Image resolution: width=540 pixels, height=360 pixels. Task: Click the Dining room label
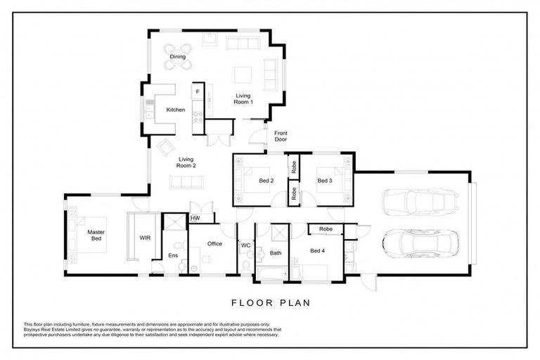point(178,56)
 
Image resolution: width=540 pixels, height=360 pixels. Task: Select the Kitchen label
point(175,110)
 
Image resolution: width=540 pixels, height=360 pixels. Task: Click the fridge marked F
point(198,92)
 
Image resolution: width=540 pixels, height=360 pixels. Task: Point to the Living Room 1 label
point(243,99)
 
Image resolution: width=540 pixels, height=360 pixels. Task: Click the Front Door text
point(281,136)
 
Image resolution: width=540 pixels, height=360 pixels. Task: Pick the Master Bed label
point(96,236)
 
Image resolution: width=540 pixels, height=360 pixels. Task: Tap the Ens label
point(172,256)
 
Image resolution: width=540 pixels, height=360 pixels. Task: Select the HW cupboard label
point(195,219)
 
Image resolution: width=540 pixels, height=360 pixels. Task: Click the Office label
point(214,244)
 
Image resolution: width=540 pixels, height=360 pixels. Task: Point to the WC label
point(245,245)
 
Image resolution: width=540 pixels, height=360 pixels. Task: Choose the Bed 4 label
point(318,250)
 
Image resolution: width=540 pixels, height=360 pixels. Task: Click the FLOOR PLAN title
point(271,303)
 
